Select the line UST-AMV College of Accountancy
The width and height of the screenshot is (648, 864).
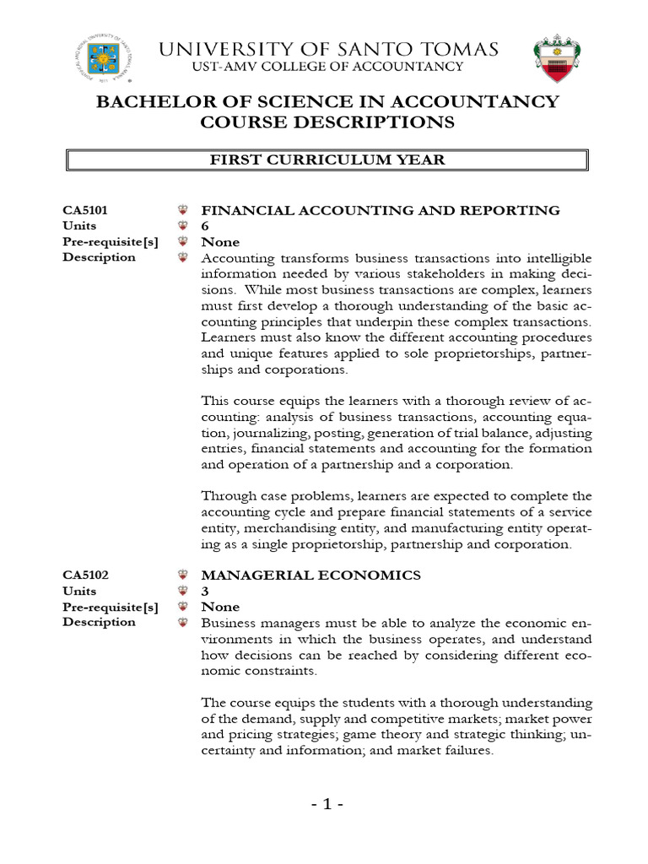click(x=327, y=67)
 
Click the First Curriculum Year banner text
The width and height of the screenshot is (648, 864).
click(x=327, y=160)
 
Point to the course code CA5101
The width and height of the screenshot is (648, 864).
click(x=85, y=210)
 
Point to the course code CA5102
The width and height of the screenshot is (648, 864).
click(x=85, y=575)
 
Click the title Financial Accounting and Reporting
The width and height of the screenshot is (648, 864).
click(x=380, y=210)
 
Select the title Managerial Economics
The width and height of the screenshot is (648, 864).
click(x=310, y=575)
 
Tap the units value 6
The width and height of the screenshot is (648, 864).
click(x=205, y=226)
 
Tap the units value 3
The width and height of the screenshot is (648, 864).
click(x=205, y=591)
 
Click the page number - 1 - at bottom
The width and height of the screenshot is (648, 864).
click(x=326, y=805)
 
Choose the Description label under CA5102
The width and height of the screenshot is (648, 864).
click(x=99, y=622)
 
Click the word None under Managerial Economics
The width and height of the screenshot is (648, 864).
click(x=219, y=607)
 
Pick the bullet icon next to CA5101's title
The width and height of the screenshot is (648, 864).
click(x=181, y=210)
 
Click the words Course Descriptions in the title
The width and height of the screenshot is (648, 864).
click(x=327, y=123)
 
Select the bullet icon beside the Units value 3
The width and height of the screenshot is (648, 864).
click(x=181, y=591)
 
